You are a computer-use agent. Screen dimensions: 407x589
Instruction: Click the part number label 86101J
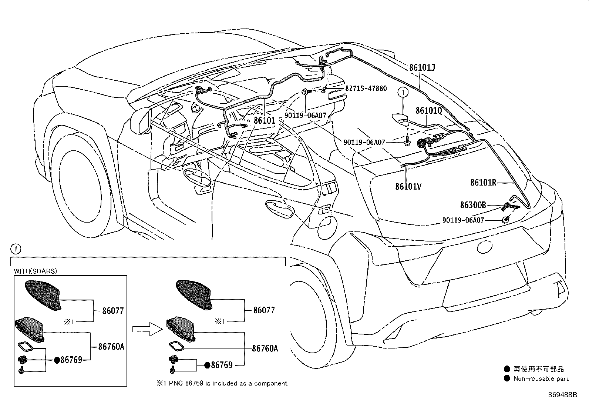point(422,68)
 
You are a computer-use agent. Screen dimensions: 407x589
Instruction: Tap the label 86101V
point(408,186)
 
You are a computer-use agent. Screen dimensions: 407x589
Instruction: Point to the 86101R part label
point(483,183)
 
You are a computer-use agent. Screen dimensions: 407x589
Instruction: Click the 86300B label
point(473,205)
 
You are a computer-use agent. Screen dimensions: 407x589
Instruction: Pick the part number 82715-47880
point(366,88)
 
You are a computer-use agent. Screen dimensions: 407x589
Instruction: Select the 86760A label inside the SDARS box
point(111,347)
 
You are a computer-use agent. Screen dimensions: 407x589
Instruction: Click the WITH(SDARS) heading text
point(36,271)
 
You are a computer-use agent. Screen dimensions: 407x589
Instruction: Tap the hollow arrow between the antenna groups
point(147,329)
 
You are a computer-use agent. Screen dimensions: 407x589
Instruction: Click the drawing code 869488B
point(562,395)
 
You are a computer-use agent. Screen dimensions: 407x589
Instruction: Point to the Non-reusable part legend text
point(541,378)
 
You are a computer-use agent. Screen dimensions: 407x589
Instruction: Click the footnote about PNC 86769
point(221,384)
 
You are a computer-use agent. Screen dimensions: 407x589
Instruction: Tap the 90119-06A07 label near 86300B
point(463,220)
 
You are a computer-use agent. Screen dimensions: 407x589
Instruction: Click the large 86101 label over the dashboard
point(265,120)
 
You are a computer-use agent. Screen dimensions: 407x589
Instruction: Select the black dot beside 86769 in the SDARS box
point(57,360)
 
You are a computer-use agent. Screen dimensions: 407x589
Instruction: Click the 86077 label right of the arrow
point(264,310)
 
